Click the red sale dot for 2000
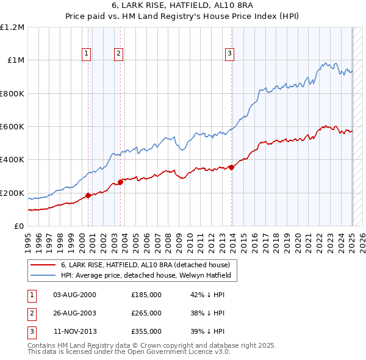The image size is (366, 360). pos(88,195)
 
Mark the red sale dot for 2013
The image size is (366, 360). pos(232,167)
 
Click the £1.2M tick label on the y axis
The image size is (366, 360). pos(12,27)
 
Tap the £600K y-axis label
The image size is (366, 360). pos(12,127)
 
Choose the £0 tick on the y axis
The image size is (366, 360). pos(20,226)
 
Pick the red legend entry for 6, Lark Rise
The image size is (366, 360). pos(145,265)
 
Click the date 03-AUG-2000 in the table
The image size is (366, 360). pos(75,294)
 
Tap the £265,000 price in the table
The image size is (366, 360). pos(146,313)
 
